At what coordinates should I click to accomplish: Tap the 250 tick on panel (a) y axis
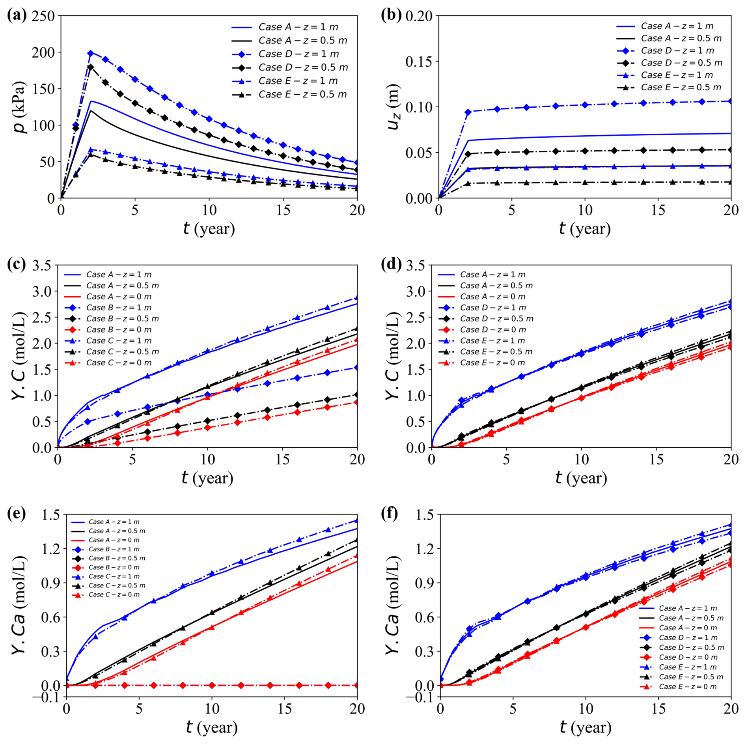tap(43, 16)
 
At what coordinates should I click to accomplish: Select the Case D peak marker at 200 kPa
tap(91, 53)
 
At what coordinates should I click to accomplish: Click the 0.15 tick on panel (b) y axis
tap(419, 62)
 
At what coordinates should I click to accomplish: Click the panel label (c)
tap(17, 264)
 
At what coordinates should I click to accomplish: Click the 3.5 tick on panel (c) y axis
tap(42, 265)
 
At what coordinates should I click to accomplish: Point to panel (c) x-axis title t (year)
tap(207, 478)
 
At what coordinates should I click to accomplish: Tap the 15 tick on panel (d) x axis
tap(656, 459)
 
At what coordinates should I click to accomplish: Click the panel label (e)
tap(17, 513)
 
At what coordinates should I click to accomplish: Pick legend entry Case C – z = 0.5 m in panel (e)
tap(117, 585)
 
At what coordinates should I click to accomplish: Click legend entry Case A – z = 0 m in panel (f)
tap(688, 628)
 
